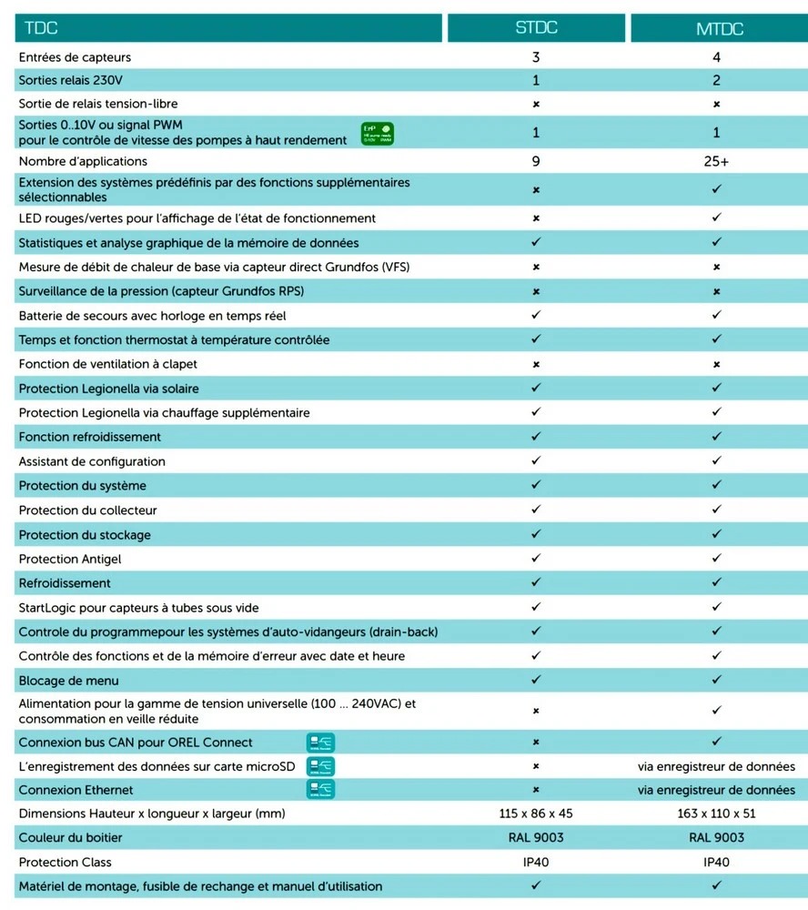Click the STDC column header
535,28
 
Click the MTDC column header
719,28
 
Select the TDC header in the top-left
42,28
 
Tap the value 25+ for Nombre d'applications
717,161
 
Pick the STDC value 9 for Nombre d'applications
536,161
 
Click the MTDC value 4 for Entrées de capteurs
717,57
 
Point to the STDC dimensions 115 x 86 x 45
536,814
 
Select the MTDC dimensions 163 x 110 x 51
717,814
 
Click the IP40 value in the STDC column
536,862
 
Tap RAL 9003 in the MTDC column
717,837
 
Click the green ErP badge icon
377,134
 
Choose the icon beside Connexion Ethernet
320,790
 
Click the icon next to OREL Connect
320,742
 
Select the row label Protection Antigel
70,559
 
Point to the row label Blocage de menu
68,681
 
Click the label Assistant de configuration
92,461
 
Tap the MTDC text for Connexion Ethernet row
717,790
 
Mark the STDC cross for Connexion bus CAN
536,742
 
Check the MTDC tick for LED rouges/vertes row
717,218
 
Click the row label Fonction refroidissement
90,437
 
